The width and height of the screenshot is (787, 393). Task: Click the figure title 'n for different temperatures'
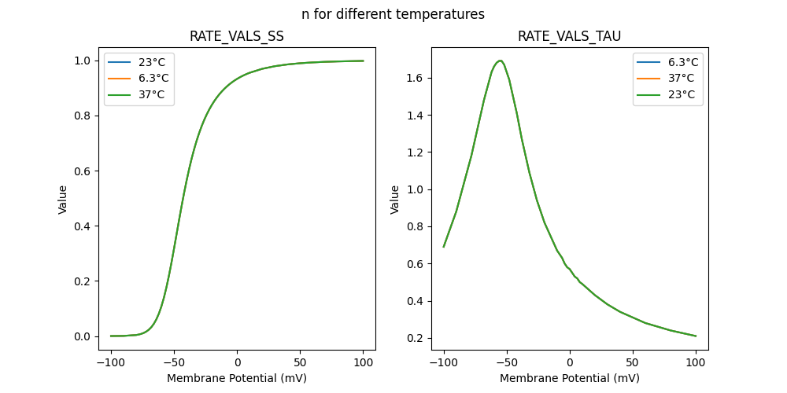tap(393, 14)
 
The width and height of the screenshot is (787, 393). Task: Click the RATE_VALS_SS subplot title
tap(237, 37)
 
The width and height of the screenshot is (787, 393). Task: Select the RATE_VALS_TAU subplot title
tap(570, 37)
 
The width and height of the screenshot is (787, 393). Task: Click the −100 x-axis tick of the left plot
tap(111, 362)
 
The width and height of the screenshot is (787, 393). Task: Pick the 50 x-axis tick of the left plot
tap(300, 362)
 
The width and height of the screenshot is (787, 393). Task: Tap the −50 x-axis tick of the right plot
tap(507, 362)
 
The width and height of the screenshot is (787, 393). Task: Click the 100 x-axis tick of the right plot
tap(696, 362)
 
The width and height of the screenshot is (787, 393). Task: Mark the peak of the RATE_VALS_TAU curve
tap(500, 61)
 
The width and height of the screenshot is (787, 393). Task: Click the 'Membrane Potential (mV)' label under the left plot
tap(237, 378)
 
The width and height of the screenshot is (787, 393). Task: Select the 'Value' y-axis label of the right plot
tap(395, 199)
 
